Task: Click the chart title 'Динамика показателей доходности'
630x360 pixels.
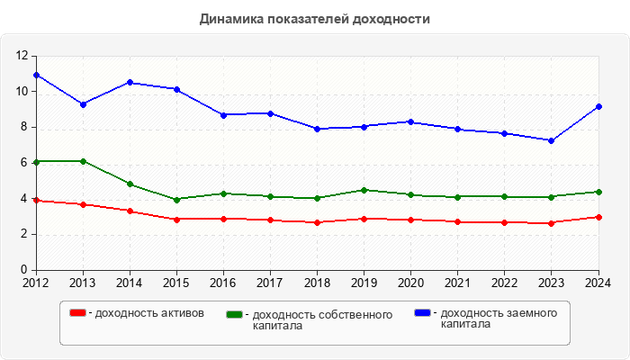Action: (314, 18)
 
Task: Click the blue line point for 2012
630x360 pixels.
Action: (36, 75)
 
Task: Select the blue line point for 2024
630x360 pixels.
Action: (598, 106)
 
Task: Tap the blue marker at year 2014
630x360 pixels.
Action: (130, 82)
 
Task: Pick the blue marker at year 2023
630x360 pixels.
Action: (552, 140)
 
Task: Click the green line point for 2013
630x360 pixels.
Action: (83, 161)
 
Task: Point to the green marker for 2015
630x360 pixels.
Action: (176, 199)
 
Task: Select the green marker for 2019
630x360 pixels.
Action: (364, 190)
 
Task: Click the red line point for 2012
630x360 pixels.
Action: (36, 200)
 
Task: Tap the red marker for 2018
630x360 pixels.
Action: (317, 222)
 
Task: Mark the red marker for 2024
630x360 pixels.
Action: (598, 217)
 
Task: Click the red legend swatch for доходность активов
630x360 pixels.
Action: (78, 313)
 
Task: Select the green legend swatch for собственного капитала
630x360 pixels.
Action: (235, 315)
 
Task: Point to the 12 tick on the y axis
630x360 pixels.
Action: (23, 56)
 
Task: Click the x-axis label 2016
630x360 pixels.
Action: (223, 283)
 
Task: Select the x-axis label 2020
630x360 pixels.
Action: (410, 283)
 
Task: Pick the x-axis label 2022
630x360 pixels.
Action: (504, 283)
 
